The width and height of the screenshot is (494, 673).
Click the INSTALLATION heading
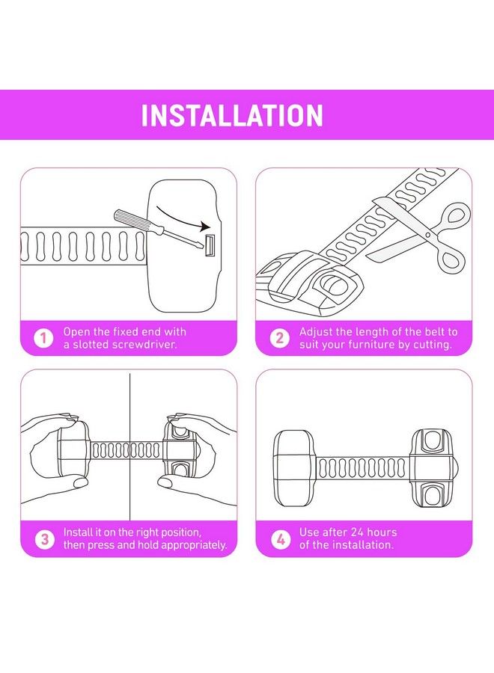pos(232,115)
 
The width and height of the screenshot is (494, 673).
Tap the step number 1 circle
pos(43,338)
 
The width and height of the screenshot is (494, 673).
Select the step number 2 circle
pos(280,338)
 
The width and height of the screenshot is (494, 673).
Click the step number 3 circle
pos(45,539)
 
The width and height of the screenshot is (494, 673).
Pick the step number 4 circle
pos(281,539)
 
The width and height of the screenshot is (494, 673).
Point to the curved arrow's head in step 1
pos(206,227)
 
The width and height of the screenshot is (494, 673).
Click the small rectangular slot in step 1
pos(210,246)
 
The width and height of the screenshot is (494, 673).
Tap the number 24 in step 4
pos(357,532)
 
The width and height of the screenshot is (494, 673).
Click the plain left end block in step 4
pos(295,468)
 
